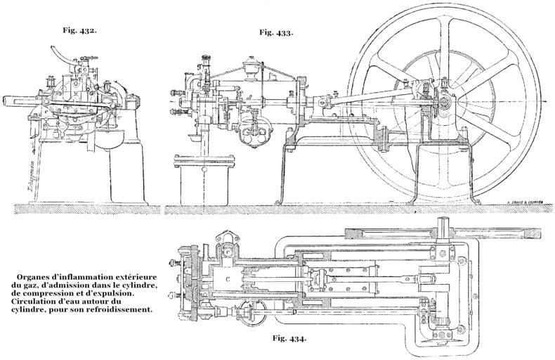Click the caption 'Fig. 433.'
coord(276,32)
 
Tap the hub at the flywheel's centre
coord(444,103)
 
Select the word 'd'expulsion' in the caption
coord(122,292)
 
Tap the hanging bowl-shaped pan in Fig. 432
coord(107,139)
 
